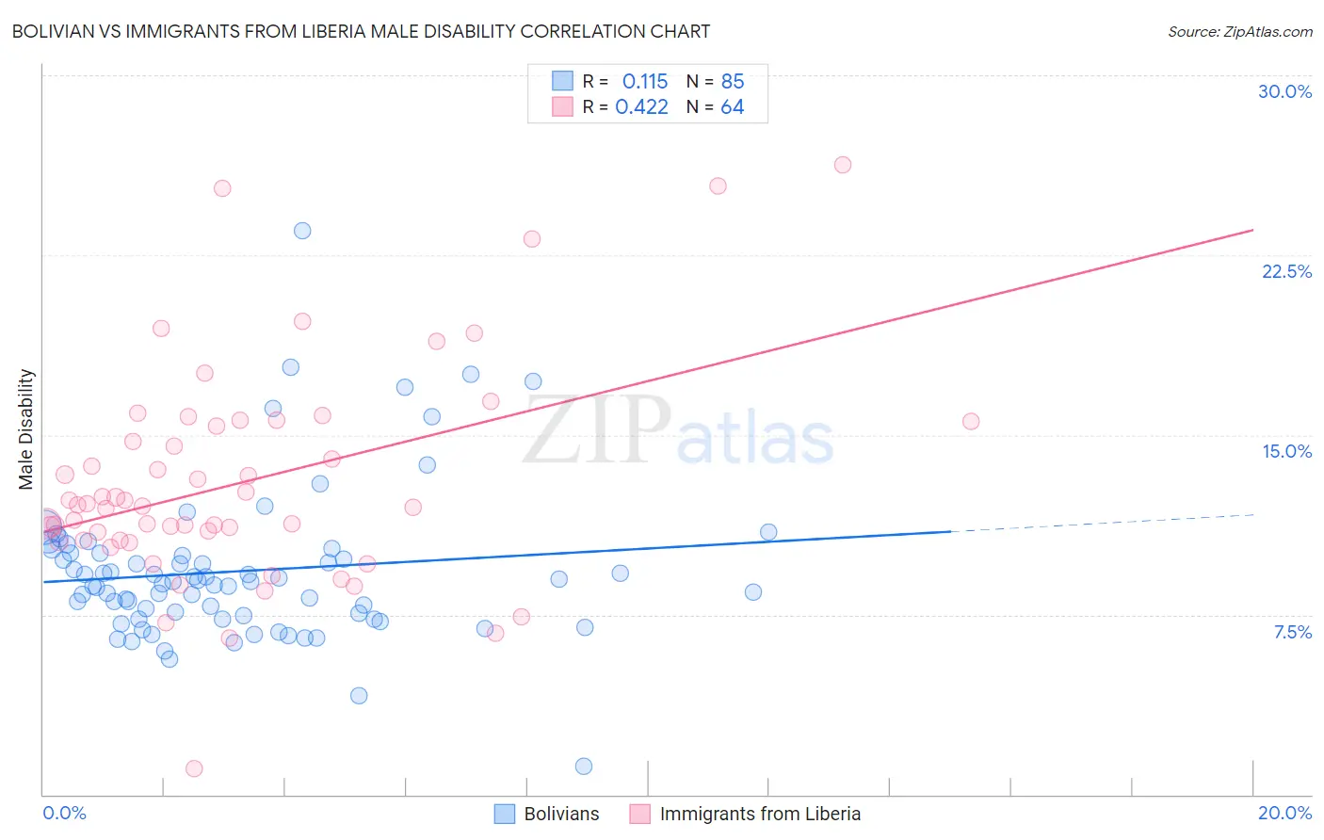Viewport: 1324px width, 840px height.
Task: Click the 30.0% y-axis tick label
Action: [1284, 91]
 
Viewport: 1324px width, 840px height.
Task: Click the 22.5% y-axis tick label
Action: [1286, 271]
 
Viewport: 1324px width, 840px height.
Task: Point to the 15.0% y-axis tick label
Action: [1286, 451]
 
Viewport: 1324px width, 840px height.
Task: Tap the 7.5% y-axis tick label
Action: [1292, 632]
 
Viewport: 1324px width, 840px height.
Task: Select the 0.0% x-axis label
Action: [64, 813]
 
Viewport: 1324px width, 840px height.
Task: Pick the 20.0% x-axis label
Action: [1284, 813]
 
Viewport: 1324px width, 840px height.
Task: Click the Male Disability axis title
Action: [26, 428]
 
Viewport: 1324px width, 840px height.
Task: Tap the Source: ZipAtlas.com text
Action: [1239, 31]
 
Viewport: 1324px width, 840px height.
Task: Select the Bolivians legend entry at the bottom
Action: [561, 814]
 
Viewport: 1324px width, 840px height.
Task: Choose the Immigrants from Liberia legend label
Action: [760, 814]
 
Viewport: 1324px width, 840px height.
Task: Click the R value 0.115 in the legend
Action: [645, 81]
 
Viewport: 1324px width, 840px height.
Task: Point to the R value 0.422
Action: [641, 106]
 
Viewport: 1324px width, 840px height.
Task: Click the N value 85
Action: [732, 81]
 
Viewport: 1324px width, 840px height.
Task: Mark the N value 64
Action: [732, 106]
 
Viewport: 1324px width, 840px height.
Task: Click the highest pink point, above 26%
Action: [843, 165]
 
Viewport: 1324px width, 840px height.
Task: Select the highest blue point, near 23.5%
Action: [302, 231]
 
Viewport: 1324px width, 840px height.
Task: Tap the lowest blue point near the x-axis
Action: [584, 767]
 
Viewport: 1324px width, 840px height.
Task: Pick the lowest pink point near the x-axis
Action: [194, 768]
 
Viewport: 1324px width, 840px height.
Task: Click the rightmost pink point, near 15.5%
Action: [971, 422]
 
